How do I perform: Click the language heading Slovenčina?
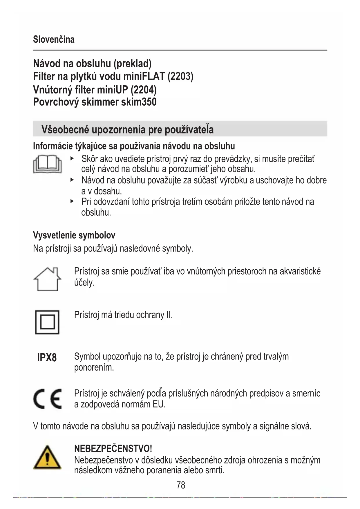(54, 39)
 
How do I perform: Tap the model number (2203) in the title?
(180, 76)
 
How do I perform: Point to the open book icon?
(47, 164)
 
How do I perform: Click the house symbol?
(47, 279)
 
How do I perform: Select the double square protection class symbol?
(47, 322)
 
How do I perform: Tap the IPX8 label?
(47, 358)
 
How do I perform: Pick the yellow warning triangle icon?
(47, 458)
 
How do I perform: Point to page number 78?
(181, 485)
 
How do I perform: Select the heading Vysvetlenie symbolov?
(74, 235)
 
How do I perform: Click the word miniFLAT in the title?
(144, 76)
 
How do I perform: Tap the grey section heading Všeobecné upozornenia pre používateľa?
(128, 129)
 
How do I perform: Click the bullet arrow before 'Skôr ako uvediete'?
(72, 158)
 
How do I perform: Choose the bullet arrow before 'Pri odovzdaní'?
(72, 201)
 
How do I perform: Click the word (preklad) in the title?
(132, 63)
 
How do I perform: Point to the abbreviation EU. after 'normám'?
(159, 404)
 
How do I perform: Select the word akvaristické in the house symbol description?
(300, 271)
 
